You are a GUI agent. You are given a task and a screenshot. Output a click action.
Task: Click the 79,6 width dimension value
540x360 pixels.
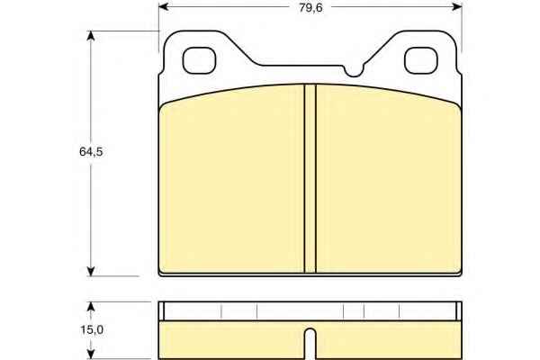[x=310, y=7]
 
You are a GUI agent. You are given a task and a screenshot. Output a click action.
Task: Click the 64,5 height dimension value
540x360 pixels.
[x=91, y=151]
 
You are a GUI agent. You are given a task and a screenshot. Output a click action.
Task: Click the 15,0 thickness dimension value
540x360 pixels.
[x=92, y=330]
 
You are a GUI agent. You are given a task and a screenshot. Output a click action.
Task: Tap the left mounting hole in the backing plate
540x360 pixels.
[x=199, y=60]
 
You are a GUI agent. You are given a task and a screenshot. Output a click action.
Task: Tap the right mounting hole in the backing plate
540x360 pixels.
[x=421, y=60]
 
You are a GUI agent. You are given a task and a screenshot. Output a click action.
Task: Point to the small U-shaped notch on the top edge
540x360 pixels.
[x=354, y=71]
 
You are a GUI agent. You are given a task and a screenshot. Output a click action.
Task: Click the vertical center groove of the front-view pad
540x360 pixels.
[x=310, y=178]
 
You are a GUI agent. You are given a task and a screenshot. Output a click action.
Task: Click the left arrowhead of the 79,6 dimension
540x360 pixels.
[x=164, y=6]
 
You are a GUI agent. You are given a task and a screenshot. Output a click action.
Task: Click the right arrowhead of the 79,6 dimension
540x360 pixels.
[x=457, y=6]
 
